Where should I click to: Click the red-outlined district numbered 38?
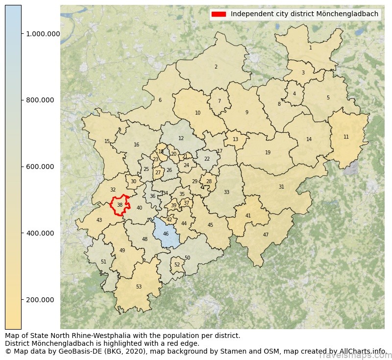[x=120, y=205]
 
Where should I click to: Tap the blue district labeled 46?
[x=166, y=234]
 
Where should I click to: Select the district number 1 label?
[x=310, y=48]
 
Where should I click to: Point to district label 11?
[x=346, y=137]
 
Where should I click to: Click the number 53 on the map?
[x=139, y=287]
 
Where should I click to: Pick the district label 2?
[x=216, y=67]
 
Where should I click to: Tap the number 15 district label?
[x=107, y=142]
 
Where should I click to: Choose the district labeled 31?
[x=281, y=187]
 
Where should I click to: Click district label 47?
[x=266, y=235]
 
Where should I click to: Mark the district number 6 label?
[x=160, y=100]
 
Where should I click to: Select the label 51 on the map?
[x=103, y=262]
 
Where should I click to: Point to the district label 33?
[x=226, y=192]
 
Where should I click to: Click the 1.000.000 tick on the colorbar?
[x=43, y=34]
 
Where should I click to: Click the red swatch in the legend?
[x=219, y=14]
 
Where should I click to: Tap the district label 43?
[x=99, y=220]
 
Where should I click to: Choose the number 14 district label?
[x=309, y=140]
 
